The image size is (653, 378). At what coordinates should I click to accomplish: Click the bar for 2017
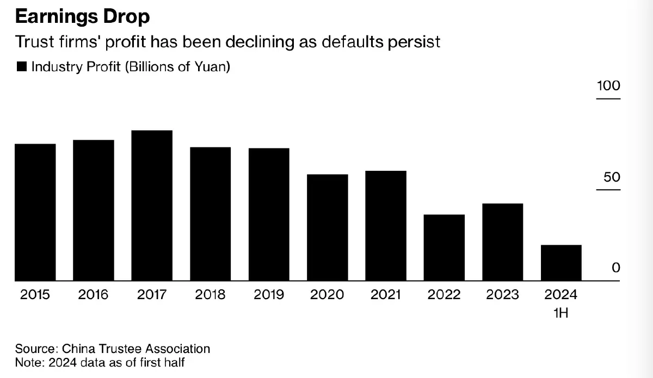[152, 206]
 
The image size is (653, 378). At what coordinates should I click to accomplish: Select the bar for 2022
[444, 247]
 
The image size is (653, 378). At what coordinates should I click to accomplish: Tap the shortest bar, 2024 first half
[561, 263]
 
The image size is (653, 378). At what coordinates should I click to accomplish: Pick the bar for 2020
[327, 227]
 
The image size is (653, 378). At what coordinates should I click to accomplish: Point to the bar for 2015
[35, 212]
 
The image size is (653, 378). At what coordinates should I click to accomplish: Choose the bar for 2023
[503, 242]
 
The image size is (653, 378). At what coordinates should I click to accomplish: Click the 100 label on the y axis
[608, 86]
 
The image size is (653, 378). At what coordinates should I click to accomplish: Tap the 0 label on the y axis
[616, 268]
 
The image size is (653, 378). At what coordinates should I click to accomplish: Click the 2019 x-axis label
[269, 295]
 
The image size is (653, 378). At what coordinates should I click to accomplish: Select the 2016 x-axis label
[93, 295]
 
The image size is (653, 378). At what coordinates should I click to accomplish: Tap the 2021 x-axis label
[386, 295]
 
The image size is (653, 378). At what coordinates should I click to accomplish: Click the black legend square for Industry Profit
[22, 67]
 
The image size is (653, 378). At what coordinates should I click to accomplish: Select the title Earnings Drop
[82, 17]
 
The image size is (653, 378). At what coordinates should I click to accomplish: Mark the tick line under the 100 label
[608, 99]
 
